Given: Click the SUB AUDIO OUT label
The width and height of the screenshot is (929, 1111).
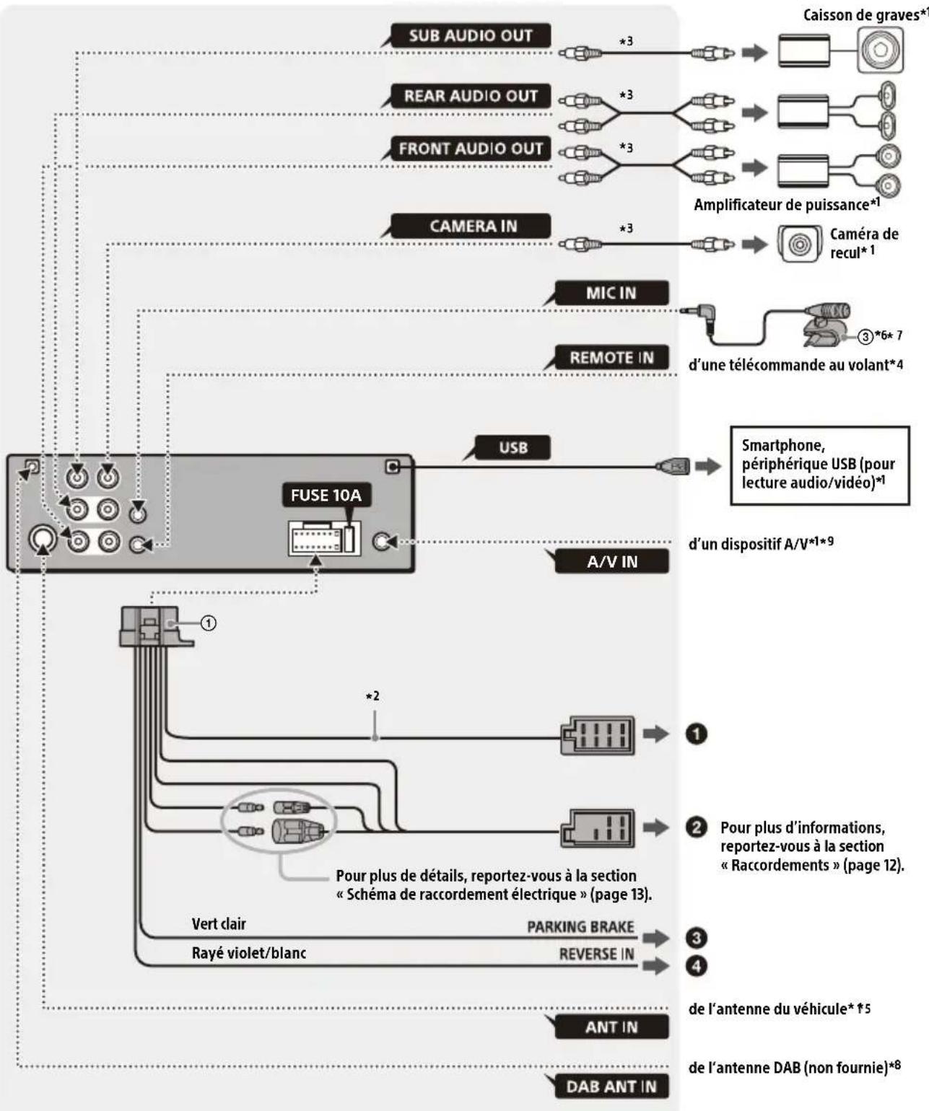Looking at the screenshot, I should tap(471, 35).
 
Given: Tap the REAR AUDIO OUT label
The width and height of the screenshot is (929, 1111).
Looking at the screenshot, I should tap(471, 96).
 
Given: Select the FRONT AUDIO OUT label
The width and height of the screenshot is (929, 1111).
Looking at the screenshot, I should tap(471, 149).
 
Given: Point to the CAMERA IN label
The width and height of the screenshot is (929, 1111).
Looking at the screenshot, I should tap(474, 226).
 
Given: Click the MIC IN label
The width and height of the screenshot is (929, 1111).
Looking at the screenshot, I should tap(611, 293).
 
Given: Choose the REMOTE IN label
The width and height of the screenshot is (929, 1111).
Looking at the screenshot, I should tap(611, 358).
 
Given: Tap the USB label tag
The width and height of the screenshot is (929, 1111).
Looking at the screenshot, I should tap(513, 447).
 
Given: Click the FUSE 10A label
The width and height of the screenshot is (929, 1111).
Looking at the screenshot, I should tap(326, 496).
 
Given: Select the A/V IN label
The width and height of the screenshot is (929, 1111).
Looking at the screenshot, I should tap(612, 561).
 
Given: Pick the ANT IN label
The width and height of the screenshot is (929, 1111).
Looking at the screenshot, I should tap(611, 1027).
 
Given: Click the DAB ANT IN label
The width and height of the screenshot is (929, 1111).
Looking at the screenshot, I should tap(611, 1086).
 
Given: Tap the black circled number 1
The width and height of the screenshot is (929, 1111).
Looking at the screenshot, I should tap(696, 734).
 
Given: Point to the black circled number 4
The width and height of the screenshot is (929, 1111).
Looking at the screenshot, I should tap(696, 965).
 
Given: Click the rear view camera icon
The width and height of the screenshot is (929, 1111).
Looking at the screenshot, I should tap(800, 244).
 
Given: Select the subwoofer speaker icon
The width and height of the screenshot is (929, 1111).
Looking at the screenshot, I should tap(880, 50).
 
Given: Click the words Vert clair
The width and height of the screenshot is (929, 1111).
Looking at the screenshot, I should tap(219, 923).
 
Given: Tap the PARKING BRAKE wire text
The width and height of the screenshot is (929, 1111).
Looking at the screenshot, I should tap(580, 927).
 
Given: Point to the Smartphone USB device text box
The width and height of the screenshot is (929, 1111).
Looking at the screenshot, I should tap(819, 465).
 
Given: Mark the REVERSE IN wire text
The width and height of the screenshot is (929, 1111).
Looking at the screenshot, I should tap(596, 954).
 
